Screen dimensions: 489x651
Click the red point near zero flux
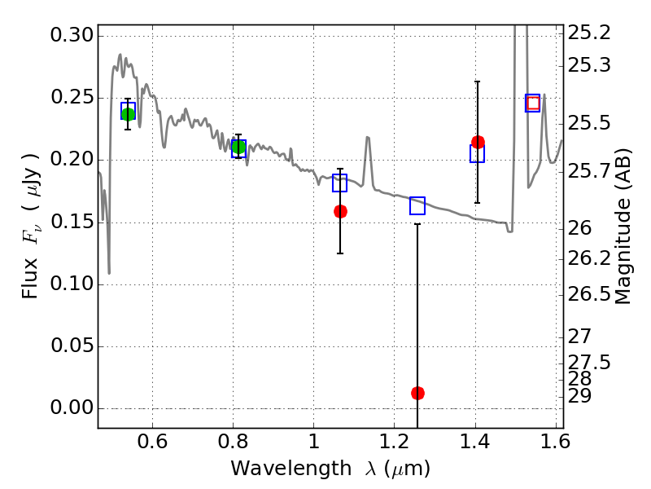point(417,393)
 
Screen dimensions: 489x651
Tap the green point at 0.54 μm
point(128,113)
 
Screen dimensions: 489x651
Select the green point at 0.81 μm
point(238,147)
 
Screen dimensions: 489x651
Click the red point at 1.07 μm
point(340,211)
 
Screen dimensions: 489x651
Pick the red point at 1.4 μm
point(478,142)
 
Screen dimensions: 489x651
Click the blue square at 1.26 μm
point(417,205)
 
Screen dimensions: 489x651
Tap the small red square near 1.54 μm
point(533,103)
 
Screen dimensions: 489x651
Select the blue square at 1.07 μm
point(340,183)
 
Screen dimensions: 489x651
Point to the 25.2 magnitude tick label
point(592,33)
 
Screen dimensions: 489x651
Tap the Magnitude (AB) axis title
point(623,227)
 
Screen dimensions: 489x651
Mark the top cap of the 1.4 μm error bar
point(478,81)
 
